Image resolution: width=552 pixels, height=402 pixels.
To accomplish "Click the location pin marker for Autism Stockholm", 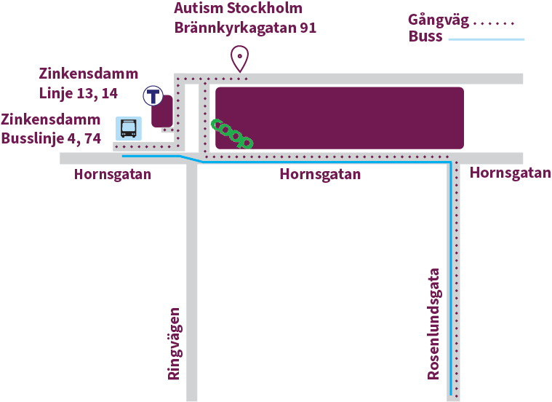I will coord(239,57).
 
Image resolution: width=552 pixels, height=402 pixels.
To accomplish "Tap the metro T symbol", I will coord(153,95).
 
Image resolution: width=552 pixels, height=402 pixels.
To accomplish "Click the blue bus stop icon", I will coord(129,129).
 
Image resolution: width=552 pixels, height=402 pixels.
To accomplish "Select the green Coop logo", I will coord(231,134).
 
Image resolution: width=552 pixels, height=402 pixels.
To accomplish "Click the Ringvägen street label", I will coord(174,344).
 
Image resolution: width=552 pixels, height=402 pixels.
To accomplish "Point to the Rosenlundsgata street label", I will coord(435,324).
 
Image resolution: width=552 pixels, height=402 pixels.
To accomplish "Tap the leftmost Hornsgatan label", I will coord(113,175).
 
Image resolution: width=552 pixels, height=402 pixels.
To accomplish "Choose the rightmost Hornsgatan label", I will coord(510,173).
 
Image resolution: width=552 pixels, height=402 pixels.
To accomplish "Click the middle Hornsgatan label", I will coord(320,175).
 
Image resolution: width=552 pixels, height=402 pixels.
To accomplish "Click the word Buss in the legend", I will coord(425,37).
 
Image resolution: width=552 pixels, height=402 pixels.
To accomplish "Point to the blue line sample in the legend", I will coord(486,39).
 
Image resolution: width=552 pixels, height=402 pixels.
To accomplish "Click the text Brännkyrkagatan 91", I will coord(245,29).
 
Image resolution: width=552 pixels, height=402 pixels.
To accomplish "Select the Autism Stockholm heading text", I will coord(238,9).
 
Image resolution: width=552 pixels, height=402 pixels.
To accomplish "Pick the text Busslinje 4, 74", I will coord(51,138).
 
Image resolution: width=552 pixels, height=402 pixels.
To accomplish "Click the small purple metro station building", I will coord(161,111).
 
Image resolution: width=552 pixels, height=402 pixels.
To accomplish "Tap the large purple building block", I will coord(340,118).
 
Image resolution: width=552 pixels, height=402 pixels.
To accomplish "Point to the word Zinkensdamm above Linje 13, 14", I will coord(88,74).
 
